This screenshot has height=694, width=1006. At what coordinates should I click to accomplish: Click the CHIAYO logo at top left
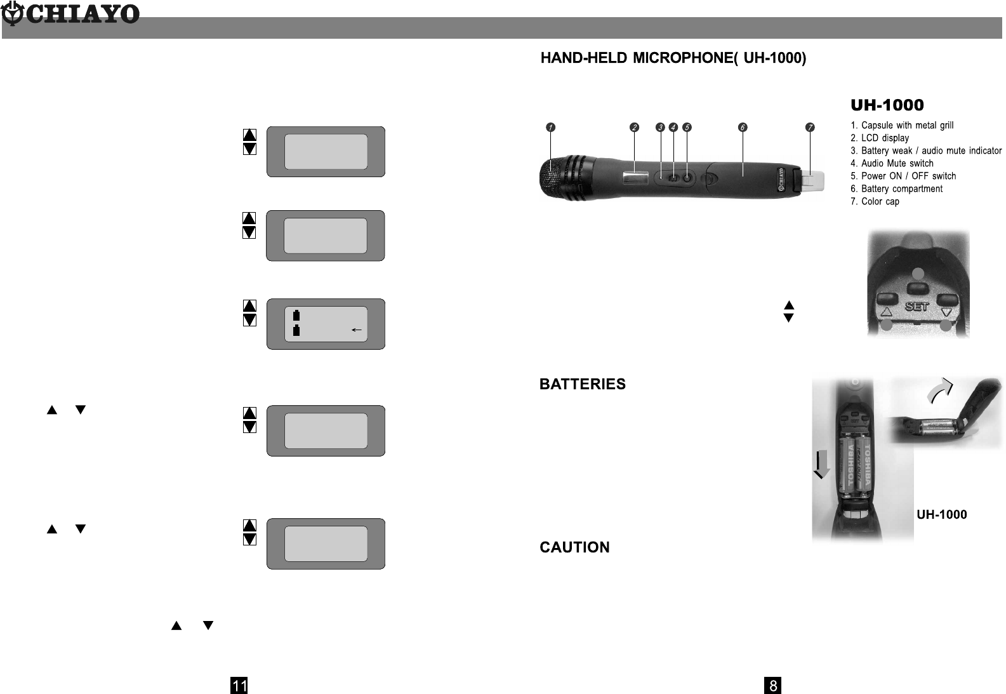coord(70,14)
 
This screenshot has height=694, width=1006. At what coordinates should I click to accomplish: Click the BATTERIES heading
coord(582,384)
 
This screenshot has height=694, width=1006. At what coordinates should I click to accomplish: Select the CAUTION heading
coord(574,547)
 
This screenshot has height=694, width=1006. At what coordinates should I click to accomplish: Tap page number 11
coord(239,686)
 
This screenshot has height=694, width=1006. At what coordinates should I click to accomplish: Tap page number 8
coord(772,686)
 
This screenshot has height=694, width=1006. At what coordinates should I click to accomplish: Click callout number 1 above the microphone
coord(551,127)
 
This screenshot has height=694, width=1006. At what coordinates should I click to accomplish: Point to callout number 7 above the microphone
coord(810,127)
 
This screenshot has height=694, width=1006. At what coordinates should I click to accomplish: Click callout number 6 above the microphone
coord(742,127)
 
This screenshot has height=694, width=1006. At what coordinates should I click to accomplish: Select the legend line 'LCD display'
coord(880,138)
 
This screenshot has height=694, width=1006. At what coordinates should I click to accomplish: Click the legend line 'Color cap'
coord(875,201)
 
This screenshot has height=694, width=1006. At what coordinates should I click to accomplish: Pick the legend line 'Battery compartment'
coord(896,189)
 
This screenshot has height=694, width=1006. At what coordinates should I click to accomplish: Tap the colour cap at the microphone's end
coord(813,181)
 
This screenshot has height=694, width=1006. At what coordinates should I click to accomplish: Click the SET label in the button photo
coord(917,307)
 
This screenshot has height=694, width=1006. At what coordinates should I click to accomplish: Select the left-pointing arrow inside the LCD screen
coord(357,330)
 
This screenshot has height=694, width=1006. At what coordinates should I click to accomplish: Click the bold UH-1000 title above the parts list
coord(887,105)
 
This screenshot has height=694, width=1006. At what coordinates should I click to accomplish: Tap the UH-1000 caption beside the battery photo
coord(942,514)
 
